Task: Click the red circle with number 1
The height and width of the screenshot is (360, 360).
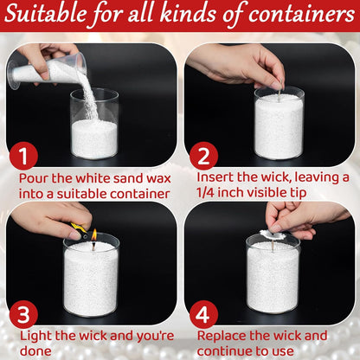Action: tap(25, 157)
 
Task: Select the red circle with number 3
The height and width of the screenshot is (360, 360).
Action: tap(25, 314)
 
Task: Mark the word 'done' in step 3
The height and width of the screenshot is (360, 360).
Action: tap(35, 351)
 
